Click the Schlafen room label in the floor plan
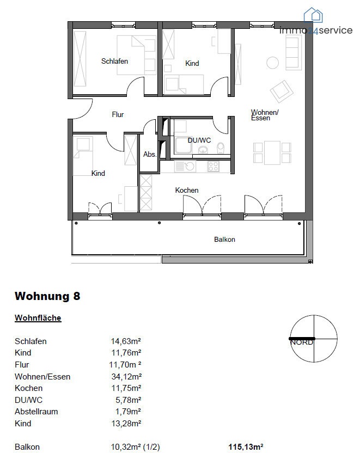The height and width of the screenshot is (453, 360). click(x=114, y=61)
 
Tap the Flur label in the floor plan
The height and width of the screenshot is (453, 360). click(x=118, y=115)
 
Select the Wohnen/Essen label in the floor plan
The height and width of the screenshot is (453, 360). click(x=265, y=115)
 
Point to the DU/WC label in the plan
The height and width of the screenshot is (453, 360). click(x=198, y=140)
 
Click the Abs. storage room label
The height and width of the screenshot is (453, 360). click(x=150, y=155)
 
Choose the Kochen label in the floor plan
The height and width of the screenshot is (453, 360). click(x=186, y=190)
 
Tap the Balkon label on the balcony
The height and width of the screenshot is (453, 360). click(x=224, y=240)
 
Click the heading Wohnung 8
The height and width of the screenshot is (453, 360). click(x=47, y=296)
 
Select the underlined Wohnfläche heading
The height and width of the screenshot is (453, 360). click(x=38, y=318)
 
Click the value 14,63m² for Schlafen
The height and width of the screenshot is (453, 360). click(x=126, y=341)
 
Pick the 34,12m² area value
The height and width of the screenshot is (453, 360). click(x=126, y=376)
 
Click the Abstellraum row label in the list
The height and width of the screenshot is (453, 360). click(x=36, y=412)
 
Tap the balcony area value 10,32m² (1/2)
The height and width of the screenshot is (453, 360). click(x=135, y=447)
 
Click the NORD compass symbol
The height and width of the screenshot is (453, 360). click(x=314, y=338)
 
